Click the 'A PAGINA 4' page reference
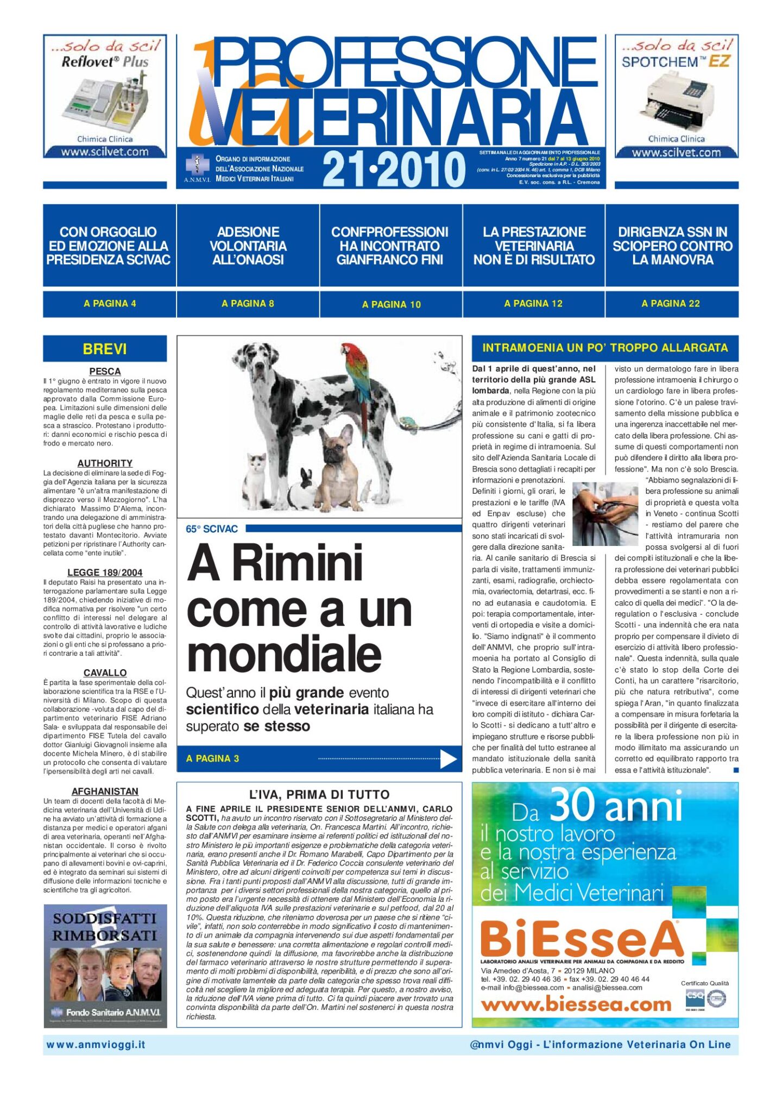click(110, 304)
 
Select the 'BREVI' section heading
click(105, 349)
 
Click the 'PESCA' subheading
click(105, 372)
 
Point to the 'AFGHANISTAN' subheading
click(105, 791)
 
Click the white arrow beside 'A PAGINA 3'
click(448, 759)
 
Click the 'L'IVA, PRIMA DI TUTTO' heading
click(319, 795)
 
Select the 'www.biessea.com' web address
click(576, 1005)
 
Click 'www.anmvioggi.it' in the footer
click(96, 1045)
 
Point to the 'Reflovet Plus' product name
click(105, 62)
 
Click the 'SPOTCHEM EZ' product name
click(676, 62)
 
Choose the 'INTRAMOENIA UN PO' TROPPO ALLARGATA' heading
click(605, 348)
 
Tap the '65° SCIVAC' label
click(212, 529)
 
